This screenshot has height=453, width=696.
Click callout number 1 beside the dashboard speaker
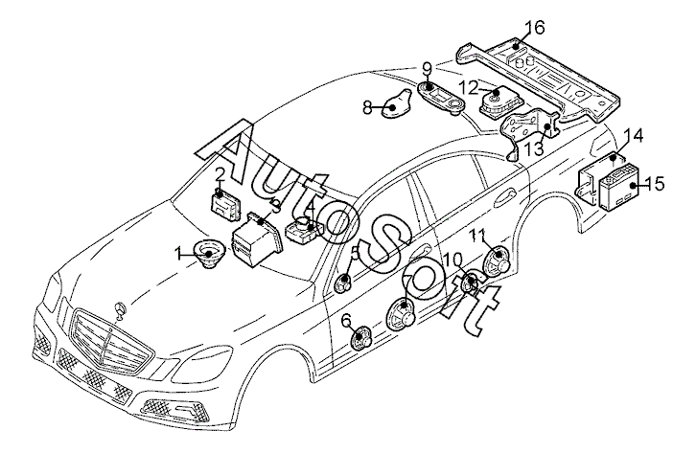click(178, 254)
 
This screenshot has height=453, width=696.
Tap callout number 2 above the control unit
click(220, 174)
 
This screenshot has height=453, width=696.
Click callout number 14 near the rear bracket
click(633, 137)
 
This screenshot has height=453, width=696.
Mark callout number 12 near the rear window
click(468, 87)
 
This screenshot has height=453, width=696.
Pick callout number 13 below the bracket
click(534, 150)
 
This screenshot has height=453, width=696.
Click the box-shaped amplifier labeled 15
click(619, 185)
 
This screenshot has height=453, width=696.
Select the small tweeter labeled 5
click(343, 283)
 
